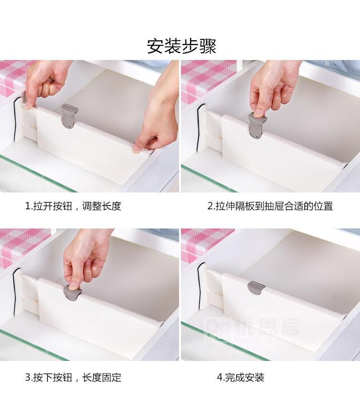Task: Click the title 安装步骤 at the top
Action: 181,46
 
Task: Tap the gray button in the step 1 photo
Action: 69,116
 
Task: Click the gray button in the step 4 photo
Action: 256,288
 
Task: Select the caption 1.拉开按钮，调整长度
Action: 73,206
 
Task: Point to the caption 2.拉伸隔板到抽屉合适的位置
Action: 270,206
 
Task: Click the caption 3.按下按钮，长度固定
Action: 73,378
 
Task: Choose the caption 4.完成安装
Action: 240,378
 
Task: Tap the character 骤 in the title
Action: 208,46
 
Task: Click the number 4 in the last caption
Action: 220,378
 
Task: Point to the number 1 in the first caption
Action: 28,206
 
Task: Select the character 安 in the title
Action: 155,46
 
